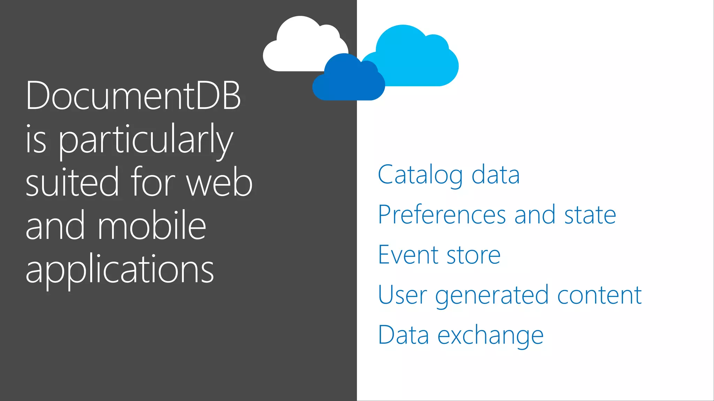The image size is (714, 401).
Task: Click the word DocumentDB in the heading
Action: (x=133, y=95)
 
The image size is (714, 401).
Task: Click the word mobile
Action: (x=152, y=226)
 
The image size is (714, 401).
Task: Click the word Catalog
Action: (x=420, y=175)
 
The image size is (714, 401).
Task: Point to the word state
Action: (x=590, y=215)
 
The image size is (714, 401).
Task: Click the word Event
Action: (x=408, y=255)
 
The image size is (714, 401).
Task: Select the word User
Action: (x=402, y=295)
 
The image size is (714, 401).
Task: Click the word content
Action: (x=599, y=295)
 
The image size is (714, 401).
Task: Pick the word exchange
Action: (x=490, y=336)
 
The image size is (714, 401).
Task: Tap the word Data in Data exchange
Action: (x=403, y=335)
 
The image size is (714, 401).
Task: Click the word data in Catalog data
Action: (x=495, y=175)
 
